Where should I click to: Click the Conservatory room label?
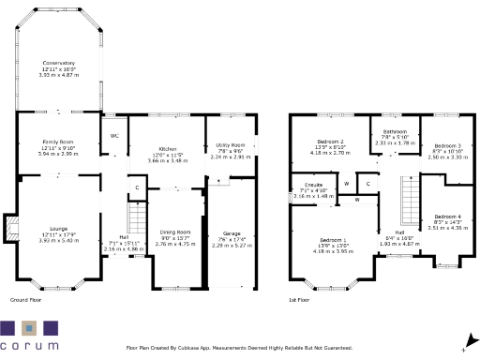58,63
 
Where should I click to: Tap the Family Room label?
58,140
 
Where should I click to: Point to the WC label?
113,136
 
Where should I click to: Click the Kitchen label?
168,149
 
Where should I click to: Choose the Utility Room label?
232,145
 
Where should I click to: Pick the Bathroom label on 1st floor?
395,131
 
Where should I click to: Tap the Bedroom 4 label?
446,217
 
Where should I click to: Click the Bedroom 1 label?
330,239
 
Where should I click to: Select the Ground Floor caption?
27,300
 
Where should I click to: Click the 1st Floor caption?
300,300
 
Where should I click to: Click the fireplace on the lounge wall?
11,227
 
